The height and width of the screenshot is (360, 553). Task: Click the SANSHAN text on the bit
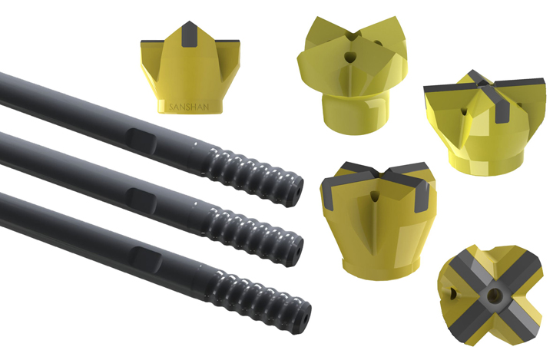tap(189, 107)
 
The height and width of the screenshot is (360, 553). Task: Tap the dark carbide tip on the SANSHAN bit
tap(190, 35)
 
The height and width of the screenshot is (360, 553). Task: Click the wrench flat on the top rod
tap(142, 140)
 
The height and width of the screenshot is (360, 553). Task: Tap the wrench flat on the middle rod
tap(142, 200)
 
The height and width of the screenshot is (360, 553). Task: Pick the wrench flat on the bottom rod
tap(145, 259)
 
